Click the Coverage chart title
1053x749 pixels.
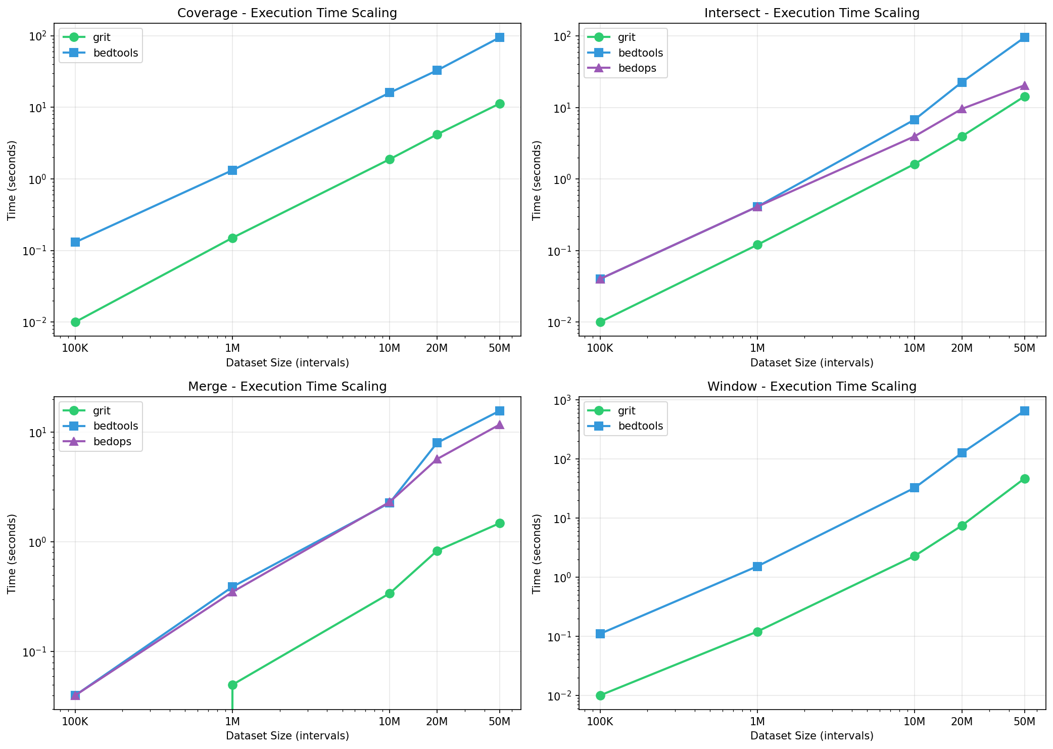287,13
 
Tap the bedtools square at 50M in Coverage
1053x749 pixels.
499,37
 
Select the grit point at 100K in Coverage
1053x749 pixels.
75,322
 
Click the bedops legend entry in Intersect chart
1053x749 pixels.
637,68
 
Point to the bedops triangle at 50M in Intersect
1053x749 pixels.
1024,85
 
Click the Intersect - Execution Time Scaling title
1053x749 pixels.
811,13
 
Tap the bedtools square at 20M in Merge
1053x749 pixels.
437,443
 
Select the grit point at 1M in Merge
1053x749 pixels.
232,685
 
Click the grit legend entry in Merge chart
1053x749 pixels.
102,411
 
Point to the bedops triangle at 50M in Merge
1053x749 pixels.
499,425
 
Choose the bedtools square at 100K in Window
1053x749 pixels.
600,634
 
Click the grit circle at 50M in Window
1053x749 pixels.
1024,479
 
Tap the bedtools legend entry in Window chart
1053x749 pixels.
640,426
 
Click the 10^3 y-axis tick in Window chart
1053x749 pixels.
566,400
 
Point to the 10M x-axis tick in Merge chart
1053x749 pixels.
389,721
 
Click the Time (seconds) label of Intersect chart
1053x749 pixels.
537,180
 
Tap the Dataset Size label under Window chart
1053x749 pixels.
811,736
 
